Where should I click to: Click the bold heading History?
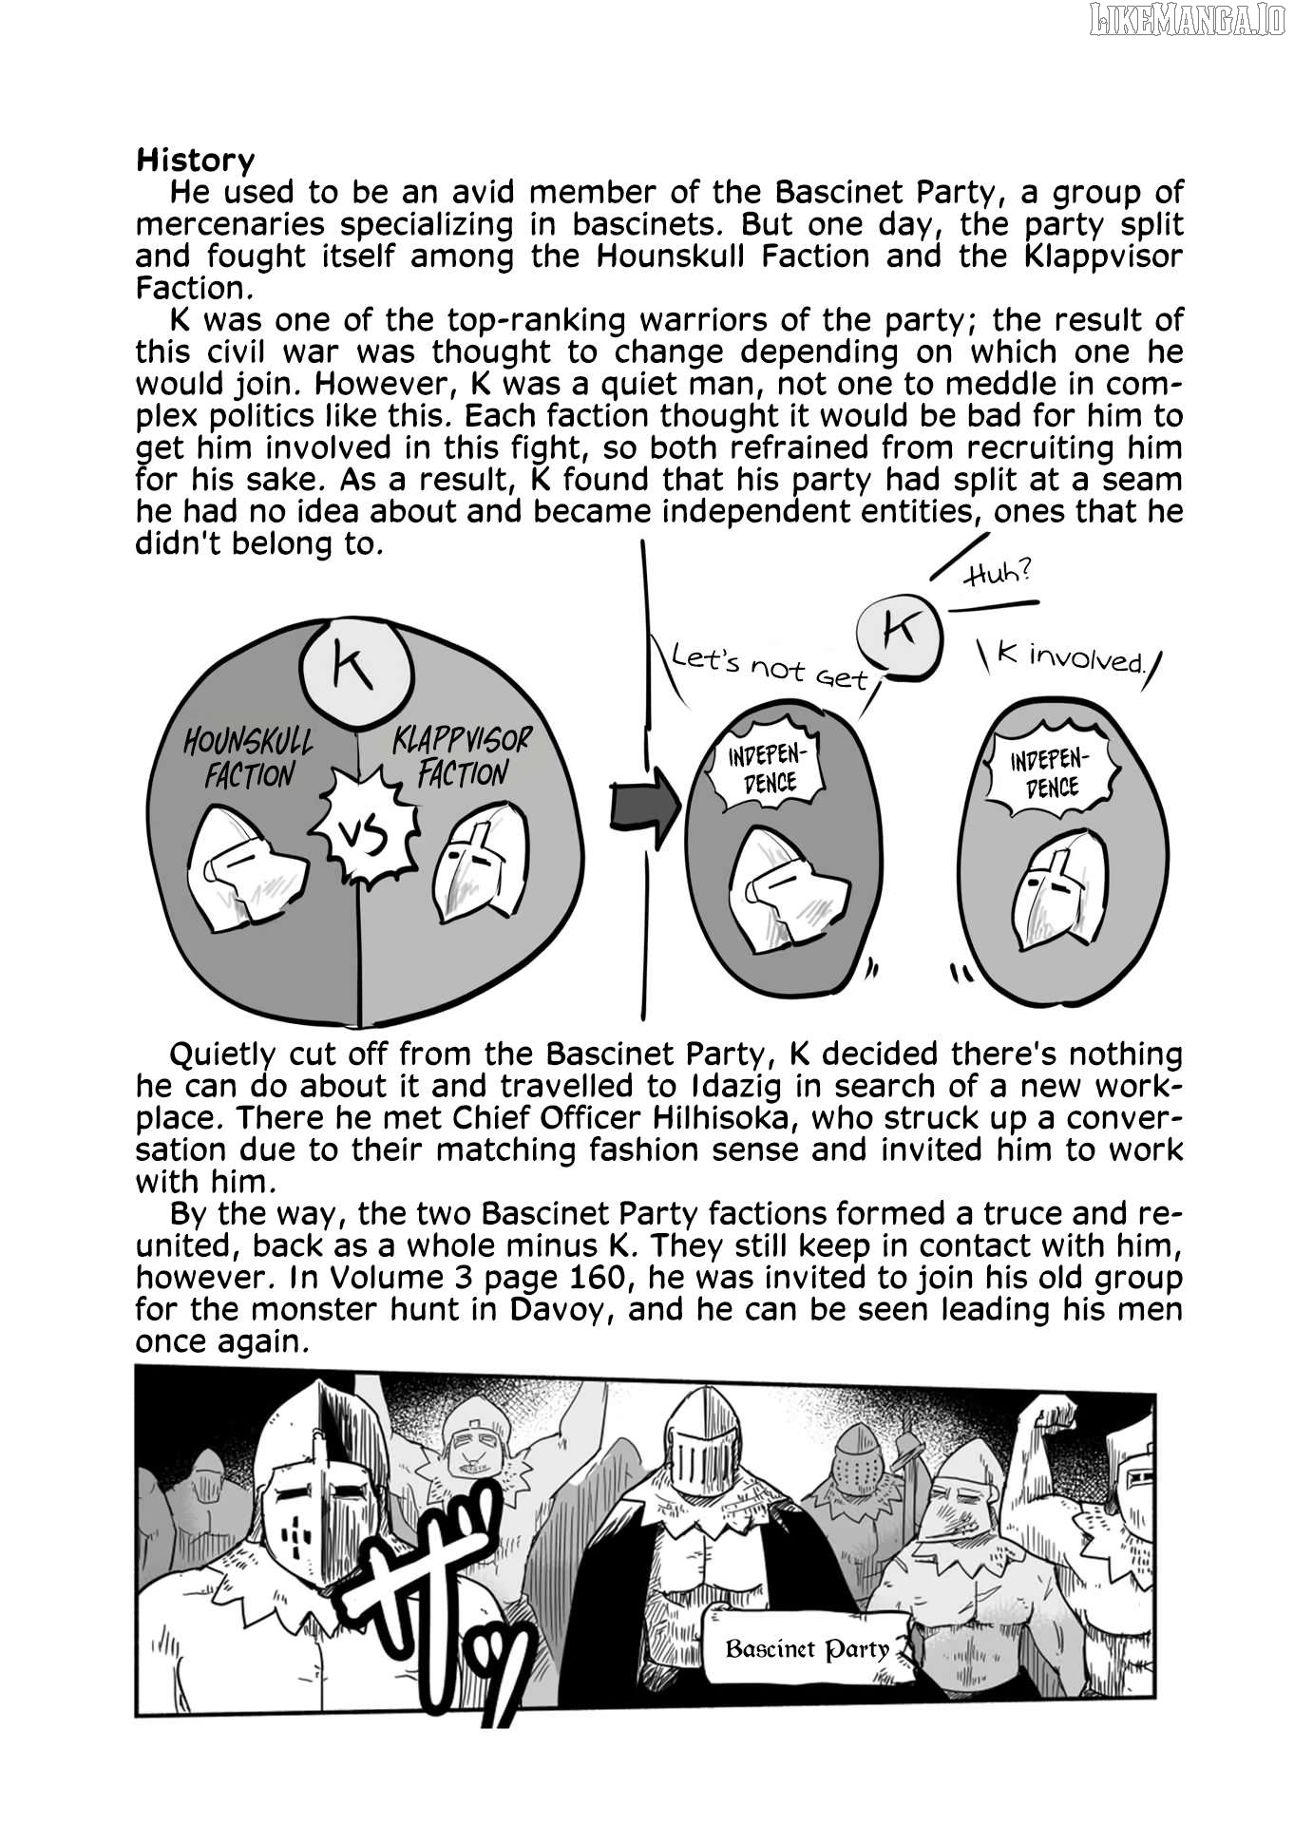click(195, 161)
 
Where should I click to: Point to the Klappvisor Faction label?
click(462, 756)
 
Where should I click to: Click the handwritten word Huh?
click(997, 574)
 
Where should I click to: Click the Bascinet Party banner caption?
click(807, 1648)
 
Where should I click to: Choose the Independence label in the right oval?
click(1050, 771)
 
